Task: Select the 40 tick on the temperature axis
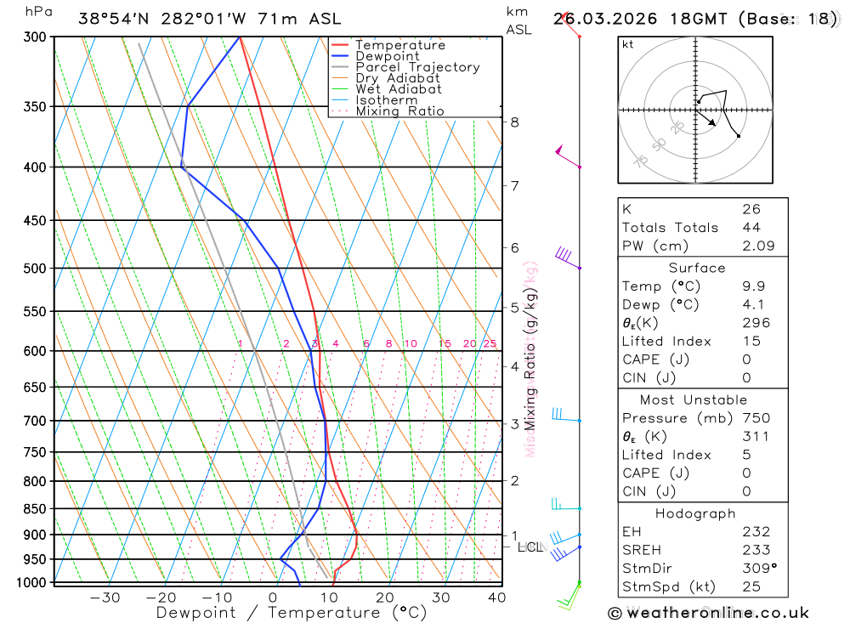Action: coord(497,598)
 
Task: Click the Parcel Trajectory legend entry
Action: coord(417,67)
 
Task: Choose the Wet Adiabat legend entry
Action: coord(399,89)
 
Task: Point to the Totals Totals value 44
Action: coord(751,228)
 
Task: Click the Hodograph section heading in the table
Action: coord(695,514)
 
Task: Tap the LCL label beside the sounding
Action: coord(530,547)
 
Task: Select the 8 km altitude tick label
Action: coord(514,122)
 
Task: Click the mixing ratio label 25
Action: coord(490,343)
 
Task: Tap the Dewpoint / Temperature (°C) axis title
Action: coord(292,613)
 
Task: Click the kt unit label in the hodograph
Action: coord(628,44)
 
